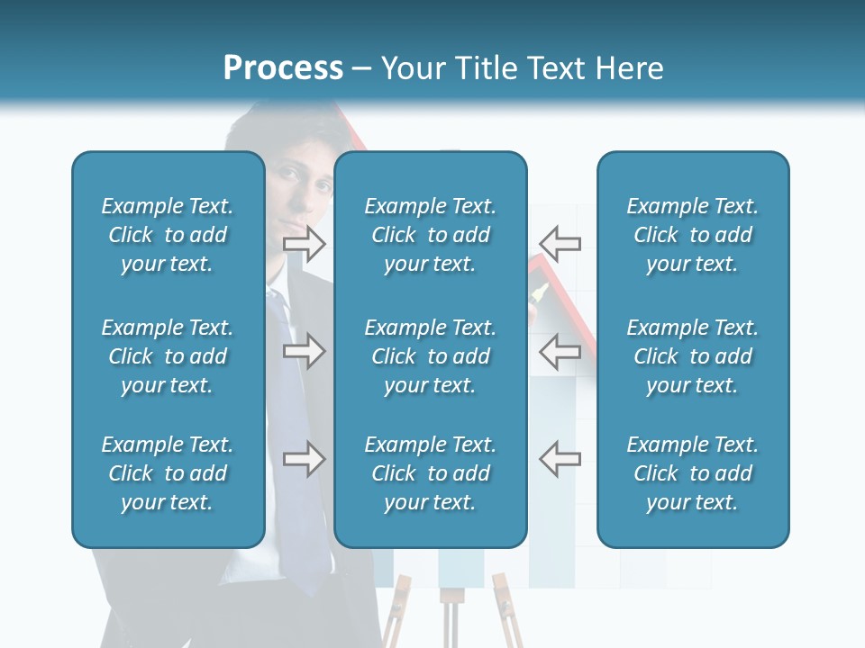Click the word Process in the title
click(x=283, y=68)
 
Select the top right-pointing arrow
click(x=305, y=243)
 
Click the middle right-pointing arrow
click(x=305, y=351)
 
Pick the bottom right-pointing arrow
click(x=305, y=459)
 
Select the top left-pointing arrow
click(x=560, y=243)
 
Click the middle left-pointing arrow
click(x=560, y=351)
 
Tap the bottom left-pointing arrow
click(x=560, y=459)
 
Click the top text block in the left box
click(x=168, y=235)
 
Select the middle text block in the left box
click(x=168, y=356)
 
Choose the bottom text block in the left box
click(x=168, y=473)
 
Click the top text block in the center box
click(x=430, y=235)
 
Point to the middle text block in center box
click(x=430, y=356)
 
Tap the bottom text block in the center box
click(x=430, y=473)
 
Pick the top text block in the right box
click(x=692, y=235)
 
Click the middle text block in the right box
click(x=692, y=356)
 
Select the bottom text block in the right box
click(x=692, y=473)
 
